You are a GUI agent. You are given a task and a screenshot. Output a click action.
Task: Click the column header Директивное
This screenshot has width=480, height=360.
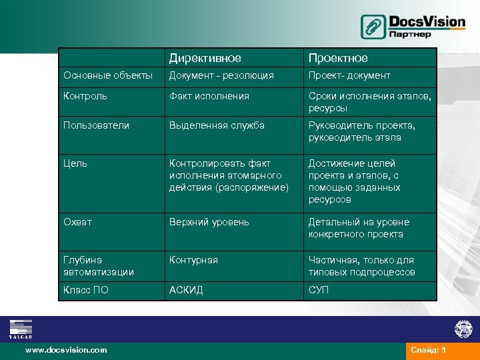[205, 59]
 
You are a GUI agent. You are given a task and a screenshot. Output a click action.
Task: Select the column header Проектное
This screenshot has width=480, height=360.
[337, 59]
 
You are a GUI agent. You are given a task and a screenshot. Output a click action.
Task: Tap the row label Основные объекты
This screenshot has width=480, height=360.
[107, 75]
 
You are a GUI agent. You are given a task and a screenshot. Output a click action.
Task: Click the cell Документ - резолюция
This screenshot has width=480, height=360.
[221, 75]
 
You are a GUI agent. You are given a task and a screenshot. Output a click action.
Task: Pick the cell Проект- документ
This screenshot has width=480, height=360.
[349, 75]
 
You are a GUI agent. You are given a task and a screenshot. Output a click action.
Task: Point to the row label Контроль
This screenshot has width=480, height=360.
[86, 96]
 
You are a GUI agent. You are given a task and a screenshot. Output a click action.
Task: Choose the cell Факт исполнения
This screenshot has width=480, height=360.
[209, 96]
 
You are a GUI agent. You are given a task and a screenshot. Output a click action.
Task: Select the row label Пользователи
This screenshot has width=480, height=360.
[96, 125]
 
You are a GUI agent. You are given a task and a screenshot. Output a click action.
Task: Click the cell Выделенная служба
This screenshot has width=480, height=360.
[217, 125]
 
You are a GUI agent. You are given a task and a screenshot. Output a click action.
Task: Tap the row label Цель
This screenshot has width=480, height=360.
[75, 163]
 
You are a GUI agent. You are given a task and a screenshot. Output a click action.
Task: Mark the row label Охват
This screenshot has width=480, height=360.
[78, 222]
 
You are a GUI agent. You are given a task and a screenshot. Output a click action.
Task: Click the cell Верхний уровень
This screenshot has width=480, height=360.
[209, 222]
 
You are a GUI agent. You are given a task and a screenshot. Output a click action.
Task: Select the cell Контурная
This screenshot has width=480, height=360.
[193, 260]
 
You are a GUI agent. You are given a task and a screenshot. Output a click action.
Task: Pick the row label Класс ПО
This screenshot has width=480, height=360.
[86, 290]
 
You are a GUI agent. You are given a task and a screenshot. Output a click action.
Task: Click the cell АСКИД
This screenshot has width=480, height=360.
[186, 290]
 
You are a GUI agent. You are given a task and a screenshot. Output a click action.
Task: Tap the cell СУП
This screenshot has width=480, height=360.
[318, 290]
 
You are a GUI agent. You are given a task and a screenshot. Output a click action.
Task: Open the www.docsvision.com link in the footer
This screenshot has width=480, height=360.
[66, 350]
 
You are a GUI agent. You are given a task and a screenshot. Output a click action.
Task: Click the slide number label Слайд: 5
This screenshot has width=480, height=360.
[428, 350]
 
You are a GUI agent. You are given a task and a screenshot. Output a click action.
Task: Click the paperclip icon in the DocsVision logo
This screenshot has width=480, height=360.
[373, 27]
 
